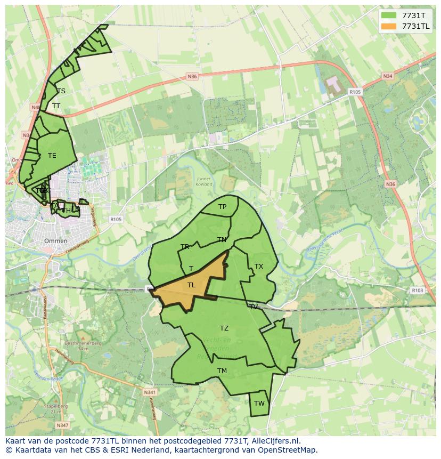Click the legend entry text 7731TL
click(416, 26)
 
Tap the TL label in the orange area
click(191, 285)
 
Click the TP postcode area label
click(222, 207)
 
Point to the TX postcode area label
click(258, 267)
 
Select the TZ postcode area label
click(224, 328)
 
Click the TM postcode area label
click(222, 371)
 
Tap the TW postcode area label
click(259, 404)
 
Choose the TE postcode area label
click(52, 156)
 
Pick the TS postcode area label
click(61, 91)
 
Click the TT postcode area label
click(56, 106)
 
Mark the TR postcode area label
click(185, 247)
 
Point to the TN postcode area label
click(222, 240)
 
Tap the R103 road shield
click(417, 291)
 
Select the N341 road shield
click(150, 392)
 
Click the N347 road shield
click(62, 425)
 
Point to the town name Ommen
click(56, 241)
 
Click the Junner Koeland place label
click(204, 182)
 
